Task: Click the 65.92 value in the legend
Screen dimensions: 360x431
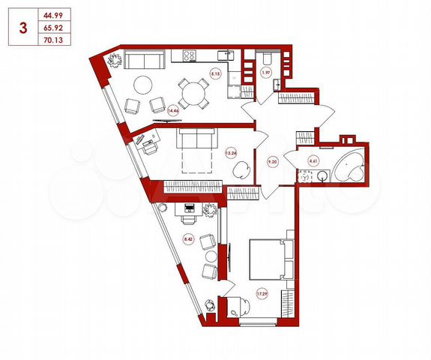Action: (x=53, y=28)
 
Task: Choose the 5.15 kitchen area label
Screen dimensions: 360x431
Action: (x=214, y=73)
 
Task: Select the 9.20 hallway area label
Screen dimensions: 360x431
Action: (x=272, y=159)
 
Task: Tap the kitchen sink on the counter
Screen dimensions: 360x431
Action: (x=223, y=55)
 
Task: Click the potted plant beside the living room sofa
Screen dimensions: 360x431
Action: (x=115, y=61)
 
